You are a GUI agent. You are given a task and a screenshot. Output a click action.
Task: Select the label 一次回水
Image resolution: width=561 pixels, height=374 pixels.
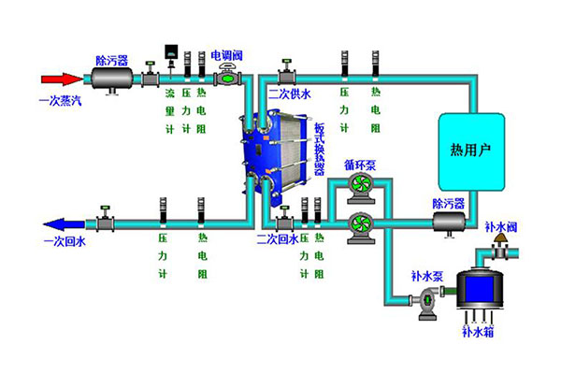click(x=64, y=241)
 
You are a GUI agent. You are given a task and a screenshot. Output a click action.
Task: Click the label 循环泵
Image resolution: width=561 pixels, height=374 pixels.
click(x=359, y=165)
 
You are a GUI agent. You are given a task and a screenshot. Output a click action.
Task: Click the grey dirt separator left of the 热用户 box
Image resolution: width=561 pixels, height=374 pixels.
click(x=448, y=221)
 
